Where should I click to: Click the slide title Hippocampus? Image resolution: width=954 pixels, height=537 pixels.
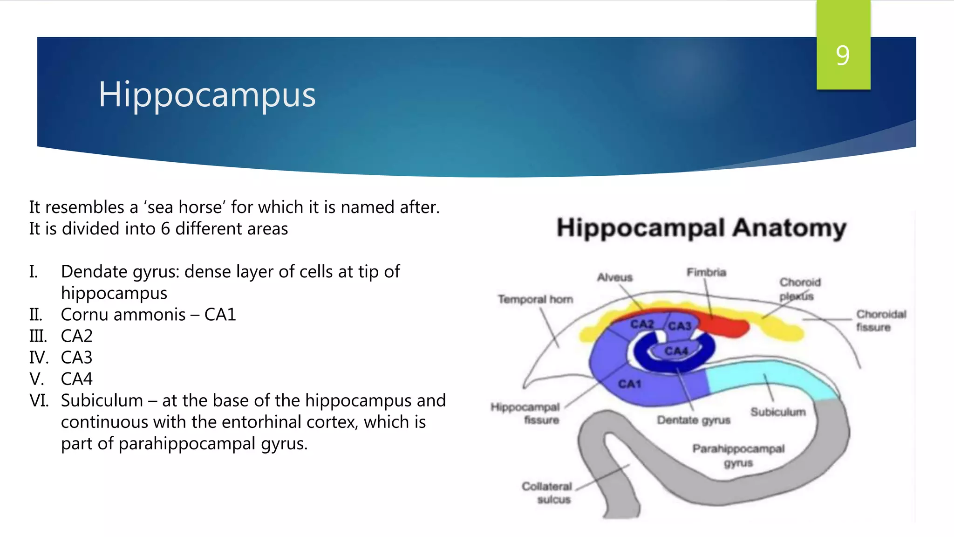click(x=207, y=95)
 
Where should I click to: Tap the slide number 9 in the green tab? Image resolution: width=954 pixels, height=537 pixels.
click(x=843, y=55)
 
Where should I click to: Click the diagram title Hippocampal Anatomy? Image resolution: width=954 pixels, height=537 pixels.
click(x=701, y=228)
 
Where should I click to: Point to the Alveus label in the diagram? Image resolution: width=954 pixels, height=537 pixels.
click(x=615, y=277)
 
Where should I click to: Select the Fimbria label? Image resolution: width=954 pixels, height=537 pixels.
click(x=706, y=272)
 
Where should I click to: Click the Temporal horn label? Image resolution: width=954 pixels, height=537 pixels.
click(x=535, y=299)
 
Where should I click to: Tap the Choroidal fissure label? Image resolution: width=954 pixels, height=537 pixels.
click(x=880, y=321)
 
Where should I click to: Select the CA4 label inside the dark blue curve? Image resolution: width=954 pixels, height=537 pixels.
click(x=676, y=351)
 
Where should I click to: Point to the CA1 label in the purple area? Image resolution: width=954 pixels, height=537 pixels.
click(x=630, y=384)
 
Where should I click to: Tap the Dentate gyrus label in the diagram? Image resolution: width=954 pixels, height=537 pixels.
click(x=693, y=420)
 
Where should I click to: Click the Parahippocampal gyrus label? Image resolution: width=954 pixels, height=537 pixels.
click(x=738, y=455)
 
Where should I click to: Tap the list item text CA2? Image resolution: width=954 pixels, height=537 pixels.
click(x=77, y=336)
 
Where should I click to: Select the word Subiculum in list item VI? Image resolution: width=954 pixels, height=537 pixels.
click(x=102, y=400)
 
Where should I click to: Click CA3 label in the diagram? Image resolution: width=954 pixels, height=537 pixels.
click(x=680, y=326)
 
